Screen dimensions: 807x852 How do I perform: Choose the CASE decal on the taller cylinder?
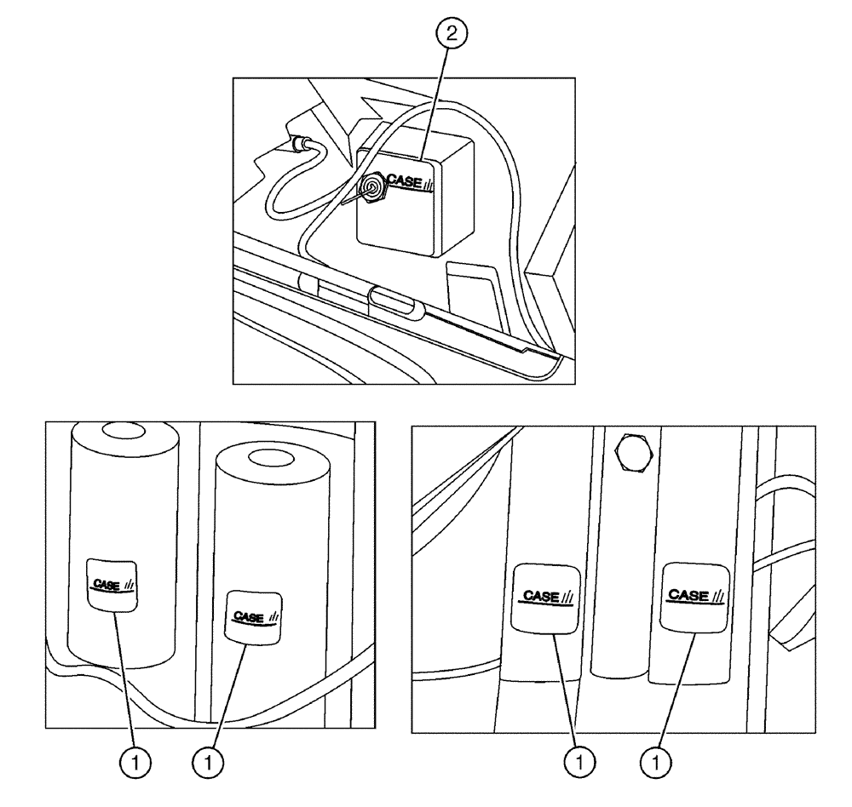(112, 585)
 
